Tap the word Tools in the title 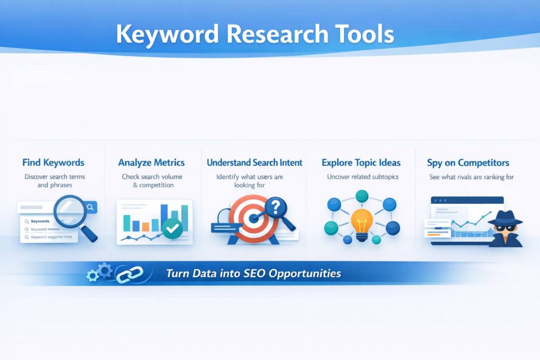pyautogui.click(x=364, y=34)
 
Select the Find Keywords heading pyautogui.click(x=53, y=162)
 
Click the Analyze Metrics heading pyautogui.click(x=151, y=162)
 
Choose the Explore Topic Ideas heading pyautogui.click(x=361, y=162)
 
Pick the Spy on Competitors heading pyautogui.click(x=468, y=162)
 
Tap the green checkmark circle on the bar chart pyautogui.click(x=172, y=228)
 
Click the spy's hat pyautogui.click(x=505, y=216)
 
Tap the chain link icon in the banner pyautogui.click(x=130, y=274)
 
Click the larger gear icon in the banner pyautogui.click(x=105, y=270)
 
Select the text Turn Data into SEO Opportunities pyautogui.click(x=253, y=274)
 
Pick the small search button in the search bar pyautogui.click(x=91, y=207)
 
